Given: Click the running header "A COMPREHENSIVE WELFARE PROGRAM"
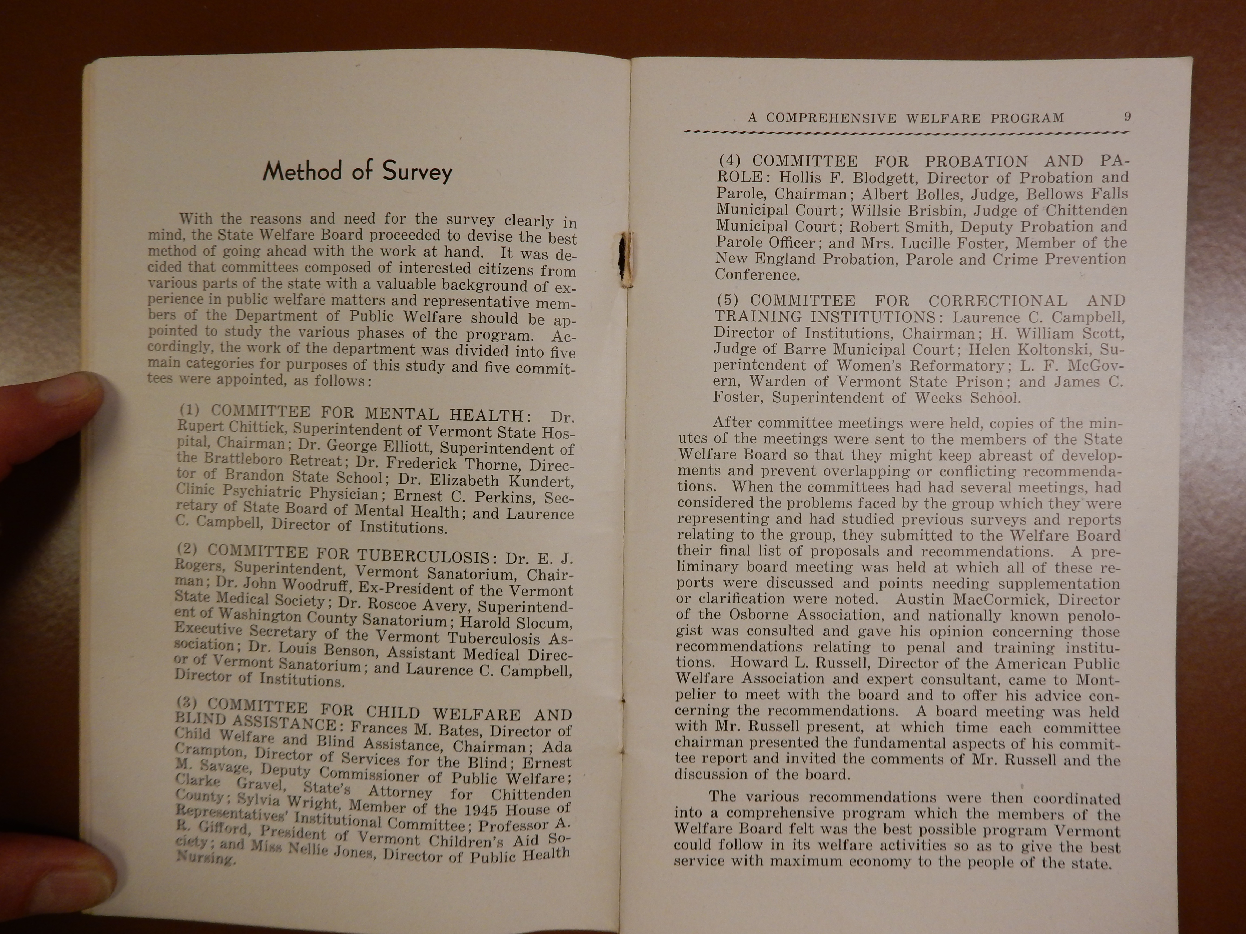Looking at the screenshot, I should pyautogui.click(x=906, y=118).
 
